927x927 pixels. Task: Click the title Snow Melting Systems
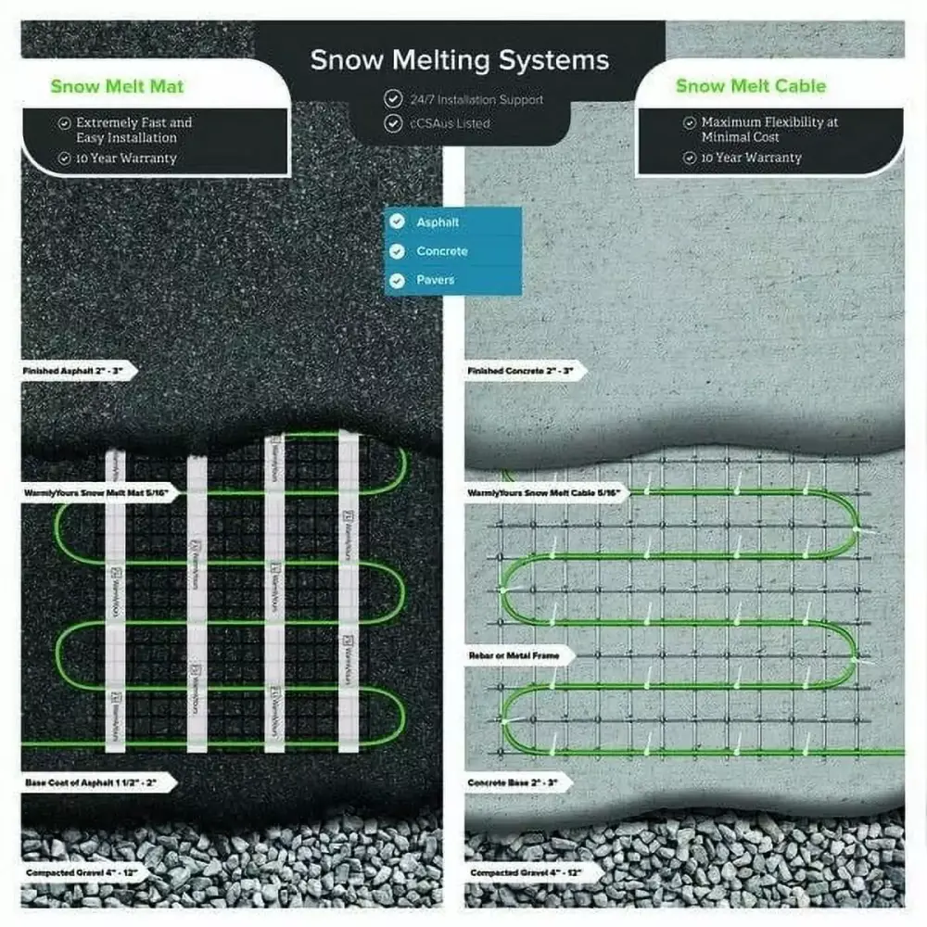(x=460, y=60)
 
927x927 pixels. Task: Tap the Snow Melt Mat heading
(x=117, y=87)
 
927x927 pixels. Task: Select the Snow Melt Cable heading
(x=750, y=86)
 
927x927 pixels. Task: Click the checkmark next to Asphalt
(x=398, y=222)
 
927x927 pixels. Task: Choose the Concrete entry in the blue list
(x=441, y=251)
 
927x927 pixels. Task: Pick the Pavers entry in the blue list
(x=436, y=279)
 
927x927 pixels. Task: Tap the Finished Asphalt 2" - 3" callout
(x=79, y=371)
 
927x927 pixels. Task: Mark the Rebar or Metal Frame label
(x=514, y=655)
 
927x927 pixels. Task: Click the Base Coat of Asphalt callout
(x=92, y=783)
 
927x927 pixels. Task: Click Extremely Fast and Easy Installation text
(x=133, y=130)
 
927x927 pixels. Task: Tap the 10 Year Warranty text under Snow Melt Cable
(x=751, y=158)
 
